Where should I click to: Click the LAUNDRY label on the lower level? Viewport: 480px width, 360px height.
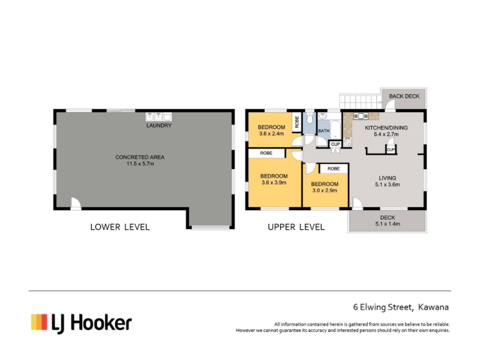159,125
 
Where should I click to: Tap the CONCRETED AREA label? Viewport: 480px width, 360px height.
140,157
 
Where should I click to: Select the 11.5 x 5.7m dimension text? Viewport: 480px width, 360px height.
140,164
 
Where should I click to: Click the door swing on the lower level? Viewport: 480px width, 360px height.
76,203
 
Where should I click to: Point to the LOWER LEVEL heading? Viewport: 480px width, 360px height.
120,227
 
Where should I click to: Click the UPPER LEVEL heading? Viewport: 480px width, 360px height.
296,227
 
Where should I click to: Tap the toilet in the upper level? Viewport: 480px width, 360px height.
310,118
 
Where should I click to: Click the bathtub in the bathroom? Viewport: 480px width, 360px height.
335,130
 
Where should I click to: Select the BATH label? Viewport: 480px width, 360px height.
323,131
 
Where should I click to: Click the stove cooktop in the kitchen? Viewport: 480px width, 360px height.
347,142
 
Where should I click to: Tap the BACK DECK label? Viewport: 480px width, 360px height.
404,96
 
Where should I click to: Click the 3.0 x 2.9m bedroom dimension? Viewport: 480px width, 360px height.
325,190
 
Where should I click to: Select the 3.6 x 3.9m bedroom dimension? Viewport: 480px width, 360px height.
274,183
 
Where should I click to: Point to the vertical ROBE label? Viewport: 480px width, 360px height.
296,122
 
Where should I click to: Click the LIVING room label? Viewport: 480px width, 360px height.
387,178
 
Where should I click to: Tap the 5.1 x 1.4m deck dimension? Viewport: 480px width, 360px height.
388,224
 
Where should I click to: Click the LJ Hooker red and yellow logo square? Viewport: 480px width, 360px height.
39,322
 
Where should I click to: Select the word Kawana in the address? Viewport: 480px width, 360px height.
433,307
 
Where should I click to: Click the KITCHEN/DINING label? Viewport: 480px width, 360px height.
386,128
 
